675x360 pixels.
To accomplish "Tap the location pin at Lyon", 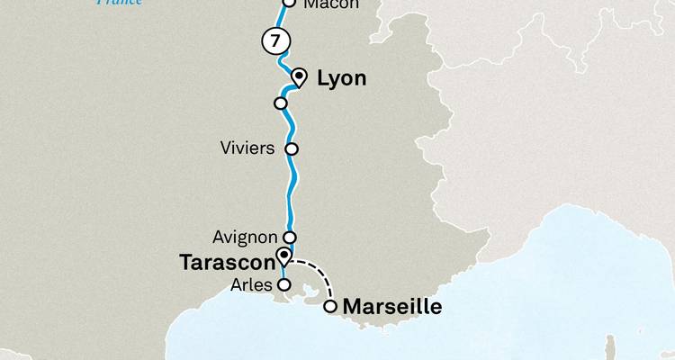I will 300,76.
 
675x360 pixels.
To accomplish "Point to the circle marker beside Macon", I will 289,3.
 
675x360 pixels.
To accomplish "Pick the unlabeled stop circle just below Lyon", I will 281,103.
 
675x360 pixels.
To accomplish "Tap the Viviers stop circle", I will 291,148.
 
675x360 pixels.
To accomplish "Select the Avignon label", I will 246,238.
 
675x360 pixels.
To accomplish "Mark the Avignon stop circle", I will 290,238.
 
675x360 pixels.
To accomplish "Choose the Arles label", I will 250,285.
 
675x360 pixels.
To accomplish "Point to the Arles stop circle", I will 283,284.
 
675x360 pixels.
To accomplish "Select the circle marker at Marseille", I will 330,307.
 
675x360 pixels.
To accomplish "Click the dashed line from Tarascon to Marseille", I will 320,273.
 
